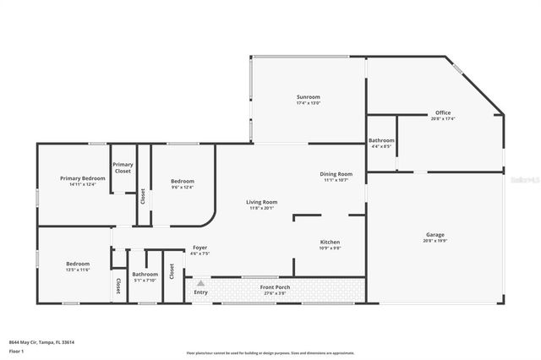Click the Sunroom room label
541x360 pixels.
click(x=308, y=97)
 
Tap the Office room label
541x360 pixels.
click(x=443, y=112)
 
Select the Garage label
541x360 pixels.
click(x=434, y=234)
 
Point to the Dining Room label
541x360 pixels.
click(x=336, y=174)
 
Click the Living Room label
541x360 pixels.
click(x=261, y=202)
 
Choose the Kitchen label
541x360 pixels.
click(x=330, y=242)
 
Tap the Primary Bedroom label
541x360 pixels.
click(x=83, y=178)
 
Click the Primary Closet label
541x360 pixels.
click(x=123, y=167)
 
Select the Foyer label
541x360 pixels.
click(x=199, y=248)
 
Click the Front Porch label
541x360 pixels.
click(x=276, y=287)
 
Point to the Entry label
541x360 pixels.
click(x=200, y=292)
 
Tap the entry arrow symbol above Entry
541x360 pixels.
click(x=200, y=284)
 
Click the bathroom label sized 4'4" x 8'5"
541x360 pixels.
click(x=381, y=140)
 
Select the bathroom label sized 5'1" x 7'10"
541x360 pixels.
click(x=145, y=274)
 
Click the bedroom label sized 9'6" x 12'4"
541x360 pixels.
click(x=183, y=182)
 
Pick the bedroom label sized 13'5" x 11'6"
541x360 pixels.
click(x=78, y=264)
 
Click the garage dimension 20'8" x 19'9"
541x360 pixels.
click(x=434, y=240)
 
